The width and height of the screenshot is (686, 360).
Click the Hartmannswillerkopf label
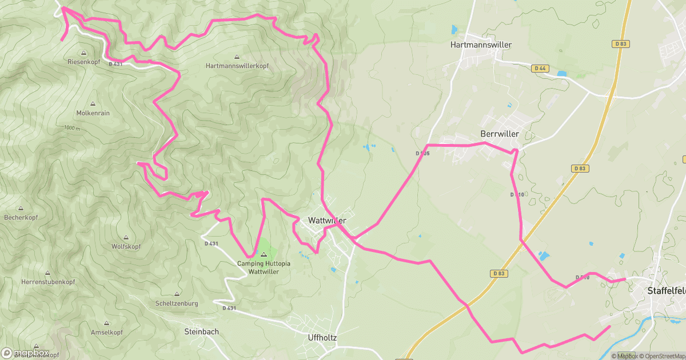(237, 66)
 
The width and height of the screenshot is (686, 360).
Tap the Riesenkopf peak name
(84, 61)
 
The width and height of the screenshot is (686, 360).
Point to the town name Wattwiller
(327, 220)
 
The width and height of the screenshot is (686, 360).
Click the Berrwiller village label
(500, 134)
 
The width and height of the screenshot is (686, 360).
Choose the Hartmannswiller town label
(481, 45)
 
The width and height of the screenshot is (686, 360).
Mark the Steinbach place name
(201, 331)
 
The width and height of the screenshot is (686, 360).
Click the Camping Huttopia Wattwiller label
(264, 267)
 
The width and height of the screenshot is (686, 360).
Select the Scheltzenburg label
(177, 303)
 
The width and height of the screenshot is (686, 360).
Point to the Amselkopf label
(107, 332)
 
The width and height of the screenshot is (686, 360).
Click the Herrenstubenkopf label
(47, 282)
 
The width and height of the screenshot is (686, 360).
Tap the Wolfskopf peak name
(126, 246)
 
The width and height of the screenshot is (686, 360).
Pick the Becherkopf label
(21, 218)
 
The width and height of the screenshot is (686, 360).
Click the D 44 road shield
(539, 68)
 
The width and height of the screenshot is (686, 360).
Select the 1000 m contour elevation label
(72, 127)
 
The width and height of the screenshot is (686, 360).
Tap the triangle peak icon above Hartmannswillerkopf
(237, 57)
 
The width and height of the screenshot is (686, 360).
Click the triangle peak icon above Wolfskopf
(126, 237)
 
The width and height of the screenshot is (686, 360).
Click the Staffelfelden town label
(666, 290)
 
